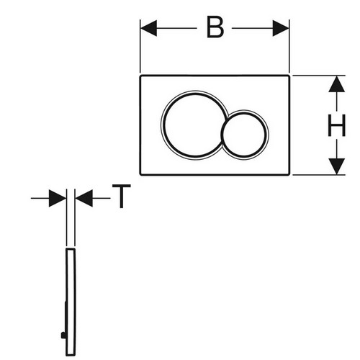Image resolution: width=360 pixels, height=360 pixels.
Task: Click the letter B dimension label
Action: [x=215, y=28]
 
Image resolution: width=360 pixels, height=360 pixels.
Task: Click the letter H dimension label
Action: [x=336, y=125]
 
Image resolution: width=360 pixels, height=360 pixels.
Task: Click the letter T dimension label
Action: [x=122, y=197]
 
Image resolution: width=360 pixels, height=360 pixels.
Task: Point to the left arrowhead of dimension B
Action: [x=148, y=28]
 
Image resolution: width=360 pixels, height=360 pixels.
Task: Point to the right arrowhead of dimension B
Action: [x=281, y=28]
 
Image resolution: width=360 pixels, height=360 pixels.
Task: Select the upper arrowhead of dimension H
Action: [x=337, y=84]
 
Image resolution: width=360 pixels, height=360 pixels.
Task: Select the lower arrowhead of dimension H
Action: [x=337, y=166]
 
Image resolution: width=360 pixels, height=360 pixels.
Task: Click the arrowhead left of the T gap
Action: [x=58, y=198]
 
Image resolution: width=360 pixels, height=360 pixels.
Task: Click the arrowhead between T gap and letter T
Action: [x=84, y=198]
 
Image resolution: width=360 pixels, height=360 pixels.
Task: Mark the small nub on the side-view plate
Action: [x=63, y=335]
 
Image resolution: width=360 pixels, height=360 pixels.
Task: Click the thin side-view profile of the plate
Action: [x=71, y=302]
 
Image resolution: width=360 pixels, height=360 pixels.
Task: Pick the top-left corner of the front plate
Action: [x=140, y=76]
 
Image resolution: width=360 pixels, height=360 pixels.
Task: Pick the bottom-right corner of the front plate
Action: [x=289, y=175]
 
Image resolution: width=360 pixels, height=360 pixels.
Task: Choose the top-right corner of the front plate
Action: [x=289, y=76]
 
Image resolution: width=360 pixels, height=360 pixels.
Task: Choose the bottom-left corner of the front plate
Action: [x=140, y=175]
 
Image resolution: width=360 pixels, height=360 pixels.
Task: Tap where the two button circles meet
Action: [x=227, y=119]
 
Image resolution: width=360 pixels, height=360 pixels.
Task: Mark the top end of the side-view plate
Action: [x=71, y=249]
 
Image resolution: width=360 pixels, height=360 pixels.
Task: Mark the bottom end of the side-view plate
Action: [x=71, y=356]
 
